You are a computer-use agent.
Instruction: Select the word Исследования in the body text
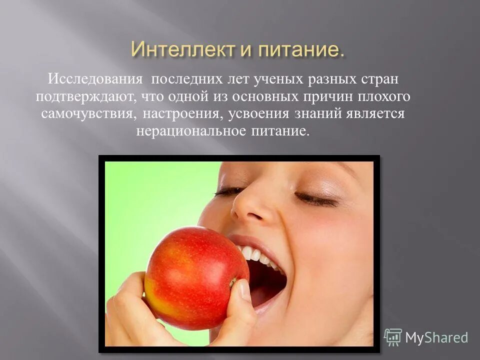coord(94,79)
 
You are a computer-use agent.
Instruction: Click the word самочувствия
coord(87,114)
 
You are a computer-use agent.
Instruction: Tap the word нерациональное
coord(192,131)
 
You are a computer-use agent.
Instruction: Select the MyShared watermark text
coord(436,337)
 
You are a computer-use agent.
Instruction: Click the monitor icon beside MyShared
coord(393,337)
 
